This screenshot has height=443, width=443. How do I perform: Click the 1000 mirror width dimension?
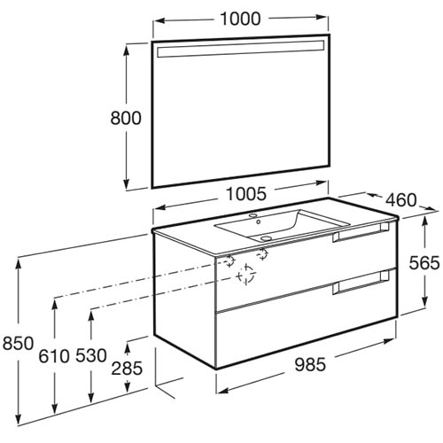[x=240, y=19]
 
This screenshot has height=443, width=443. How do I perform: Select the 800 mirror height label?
[x=126, y=118]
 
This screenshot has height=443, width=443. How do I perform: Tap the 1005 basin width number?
[x=246, y=194]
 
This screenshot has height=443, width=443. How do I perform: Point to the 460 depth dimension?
[x=401, y=200]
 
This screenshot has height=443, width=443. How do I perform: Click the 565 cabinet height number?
[x=424, y=262]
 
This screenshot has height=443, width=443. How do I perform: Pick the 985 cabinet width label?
[x=310, y=364]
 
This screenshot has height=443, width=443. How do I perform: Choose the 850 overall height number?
[x=18, y=344]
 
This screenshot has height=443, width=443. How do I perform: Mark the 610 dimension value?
[x=54, y=356]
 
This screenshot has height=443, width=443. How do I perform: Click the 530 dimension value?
[x=91, y=355]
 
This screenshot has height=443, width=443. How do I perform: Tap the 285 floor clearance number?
[x=127, y=369]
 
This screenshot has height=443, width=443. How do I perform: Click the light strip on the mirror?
[x=240, y=49]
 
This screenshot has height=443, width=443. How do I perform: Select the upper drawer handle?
[x=361, y=232]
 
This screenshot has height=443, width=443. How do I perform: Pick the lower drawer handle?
[x=361, y=282]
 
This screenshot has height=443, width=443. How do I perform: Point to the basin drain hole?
[x=267, y=237]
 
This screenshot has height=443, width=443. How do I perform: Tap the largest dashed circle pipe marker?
[x=246, y=276]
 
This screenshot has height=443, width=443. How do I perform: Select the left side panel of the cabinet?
[x=185, y=299]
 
